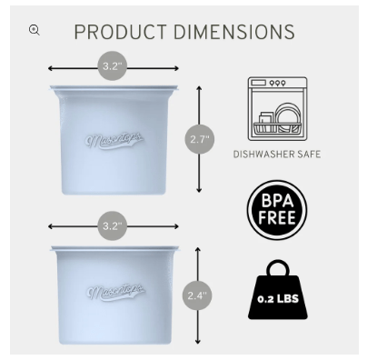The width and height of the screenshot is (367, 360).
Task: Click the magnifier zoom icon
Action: pyautogui.click(x=34, y=30)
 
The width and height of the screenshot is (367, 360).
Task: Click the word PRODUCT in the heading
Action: pyautogui.click(x=120, y=32)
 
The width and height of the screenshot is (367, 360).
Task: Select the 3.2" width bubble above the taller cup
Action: pyautogui.click(x=113, y=65)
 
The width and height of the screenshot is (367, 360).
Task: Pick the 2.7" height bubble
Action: pyautogui.click(x=200, y=139)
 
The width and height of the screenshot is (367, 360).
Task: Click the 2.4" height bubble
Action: pyautogui.click(x=197, y=295)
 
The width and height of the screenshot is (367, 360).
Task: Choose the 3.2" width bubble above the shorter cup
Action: pyautogui.click(x=113, y=226)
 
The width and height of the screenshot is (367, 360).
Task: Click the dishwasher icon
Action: pyautogui.click(x=277, y=109)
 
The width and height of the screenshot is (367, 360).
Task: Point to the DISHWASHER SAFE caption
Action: pyautogui.click(x=277, y=155)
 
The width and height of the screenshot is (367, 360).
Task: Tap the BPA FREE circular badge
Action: pyautogui.click(x=277, y=210)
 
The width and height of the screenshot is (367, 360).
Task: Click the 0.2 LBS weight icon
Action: pyautogui.click(x=278, y=289)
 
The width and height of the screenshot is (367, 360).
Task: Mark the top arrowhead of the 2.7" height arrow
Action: pyautogui.click(x=199, y=88)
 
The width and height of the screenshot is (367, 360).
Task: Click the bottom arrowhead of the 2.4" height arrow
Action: pyautogui.click(x=198, y=342)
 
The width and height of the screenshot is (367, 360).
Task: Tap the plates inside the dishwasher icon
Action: pyautogui.click(x=288, y=117)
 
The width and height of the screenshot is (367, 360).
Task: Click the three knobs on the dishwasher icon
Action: pyautogui.click(x=277, y=83)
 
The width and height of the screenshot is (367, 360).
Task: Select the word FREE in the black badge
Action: pyautogui.click(x=277, y=218)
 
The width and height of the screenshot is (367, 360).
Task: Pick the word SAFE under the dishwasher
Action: pyautogui.click(x=309, y=155)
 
